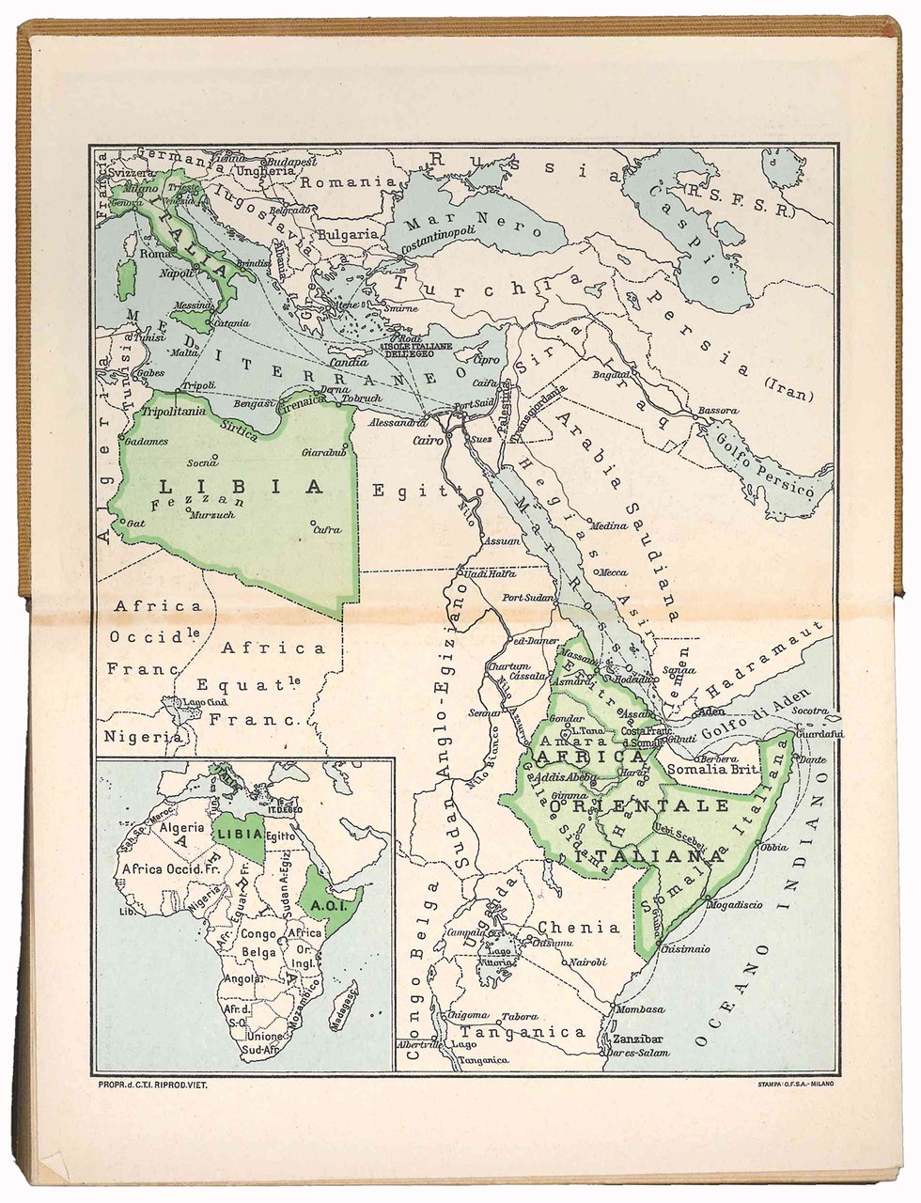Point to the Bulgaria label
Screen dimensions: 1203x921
(348, 233)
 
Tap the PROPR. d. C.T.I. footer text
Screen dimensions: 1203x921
(151, 1085)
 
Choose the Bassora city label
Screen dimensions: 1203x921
(719, 411)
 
